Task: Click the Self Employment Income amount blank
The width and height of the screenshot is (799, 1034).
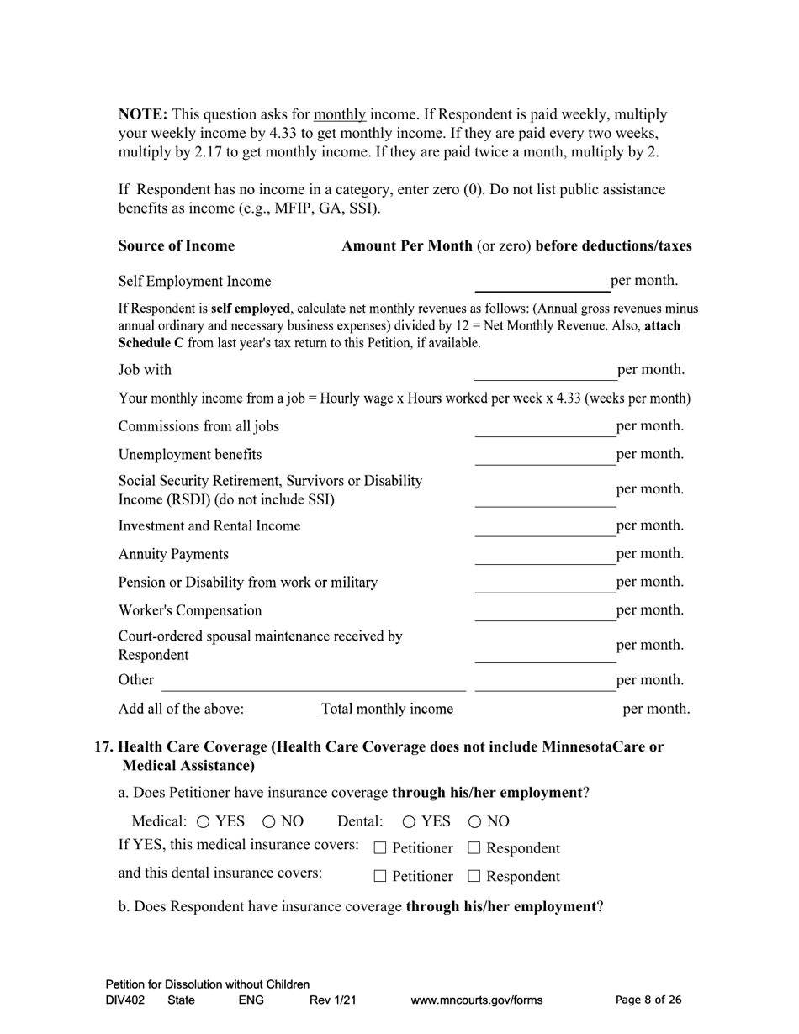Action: pyautogui.click(x=542, y=282)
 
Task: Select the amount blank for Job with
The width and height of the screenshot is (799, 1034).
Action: pyautogui.click(x=545, y=371)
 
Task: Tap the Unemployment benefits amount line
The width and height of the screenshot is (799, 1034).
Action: pyautogui.click(x=545, y=456)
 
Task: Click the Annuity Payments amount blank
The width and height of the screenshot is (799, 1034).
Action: pyautogui.click(x=545, y=555)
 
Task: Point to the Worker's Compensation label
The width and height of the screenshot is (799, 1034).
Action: pyautogui.click(x=190, y=610)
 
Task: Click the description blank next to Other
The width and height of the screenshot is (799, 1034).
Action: pyautogui.click(x=313, y=681)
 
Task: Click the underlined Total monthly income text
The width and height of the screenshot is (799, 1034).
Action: pyautogui.click(x=387, y=710)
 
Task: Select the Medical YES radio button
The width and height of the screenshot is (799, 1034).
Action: pyautogui.click(x=204, y=822)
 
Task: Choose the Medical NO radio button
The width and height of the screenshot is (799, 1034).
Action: pyautogui.click(x=269, y=822)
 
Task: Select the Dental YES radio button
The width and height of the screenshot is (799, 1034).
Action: pyautogui.click(x=410, y=822)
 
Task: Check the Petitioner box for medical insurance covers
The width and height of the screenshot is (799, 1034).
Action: pyautogui.click(x=380, y=849)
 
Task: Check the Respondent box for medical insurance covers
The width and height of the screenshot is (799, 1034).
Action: pyautogui.click(x=474, y=849)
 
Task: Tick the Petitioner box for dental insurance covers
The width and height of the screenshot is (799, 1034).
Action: pyautogui.click(x=380, y=877)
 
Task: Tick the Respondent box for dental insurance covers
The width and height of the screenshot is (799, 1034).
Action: pyautogui.click(x=474, y=877)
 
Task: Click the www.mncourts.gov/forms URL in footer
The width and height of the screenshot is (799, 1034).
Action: pyautogui.click(x=476, y=1000)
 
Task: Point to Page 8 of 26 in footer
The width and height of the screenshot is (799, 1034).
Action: pyautogui.click(x=648, y=1000)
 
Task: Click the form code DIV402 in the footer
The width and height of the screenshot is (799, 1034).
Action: pyautogui.click(x=125, y=1000)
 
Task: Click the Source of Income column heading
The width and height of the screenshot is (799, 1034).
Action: pyautogui.click(x=177, y=246)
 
